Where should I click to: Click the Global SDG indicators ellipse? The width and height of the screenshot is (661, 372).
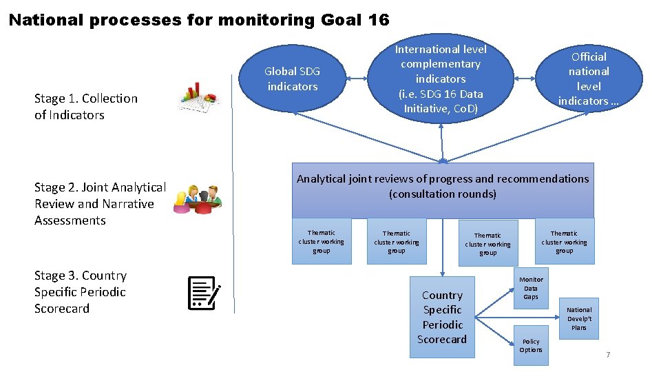click(293, 79)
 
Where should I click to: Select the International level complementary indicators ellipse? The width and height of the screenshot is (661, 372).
click(441, 79)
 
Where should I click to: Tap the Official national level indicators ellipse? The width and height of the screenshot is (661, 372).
click(589, 79)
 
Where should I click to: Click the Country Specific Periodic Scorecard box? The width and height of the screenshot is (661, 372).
click(443, 317)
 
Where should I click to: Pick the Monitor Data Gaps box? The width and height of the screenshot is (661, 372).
click(531, 288)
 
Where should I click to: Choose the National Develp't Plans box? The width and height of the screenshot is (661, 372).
click(579, 318)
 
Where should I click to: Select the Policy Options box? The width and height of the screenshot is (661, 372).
click(531, 345)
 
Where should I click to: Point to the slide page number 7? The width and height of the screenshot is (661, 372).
click(608, 355)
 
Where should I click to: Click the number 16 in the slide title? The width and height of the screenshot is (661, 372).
click(379, 20)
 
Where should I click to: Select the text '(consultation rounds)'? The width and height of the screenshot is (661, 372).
click(443, 194)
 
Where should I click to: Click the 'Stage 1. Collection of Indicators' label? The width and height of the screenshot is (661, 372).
click(86, 107)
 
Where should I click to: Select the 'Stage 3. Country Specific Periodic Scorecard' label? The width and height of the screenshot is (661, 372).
click(81, 292)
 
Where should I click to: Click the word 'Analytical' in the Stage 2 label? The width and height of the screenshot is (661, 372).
click(137, 187)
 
